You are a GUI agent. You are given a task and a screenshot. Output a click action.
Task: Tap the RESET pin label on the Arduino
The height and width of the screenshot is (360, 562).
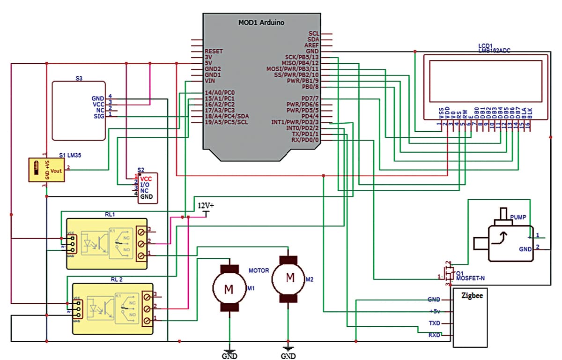point(214,51)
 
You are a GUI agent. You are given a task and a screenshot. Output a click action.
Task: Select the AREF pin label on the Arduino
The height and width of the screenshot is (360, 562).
point(311,45)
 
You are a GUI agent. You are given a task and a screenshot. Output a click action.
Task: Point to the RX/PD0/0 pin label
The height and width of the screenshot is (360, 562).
point(305,140)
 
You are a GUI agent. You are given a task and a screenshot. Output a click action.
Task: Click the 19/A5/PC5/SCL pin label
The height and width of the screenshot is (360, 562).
point(227,122)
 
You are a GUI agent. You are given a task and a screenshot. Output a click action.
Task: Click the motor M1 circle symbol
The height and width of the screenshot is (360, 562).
point(229,289)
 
